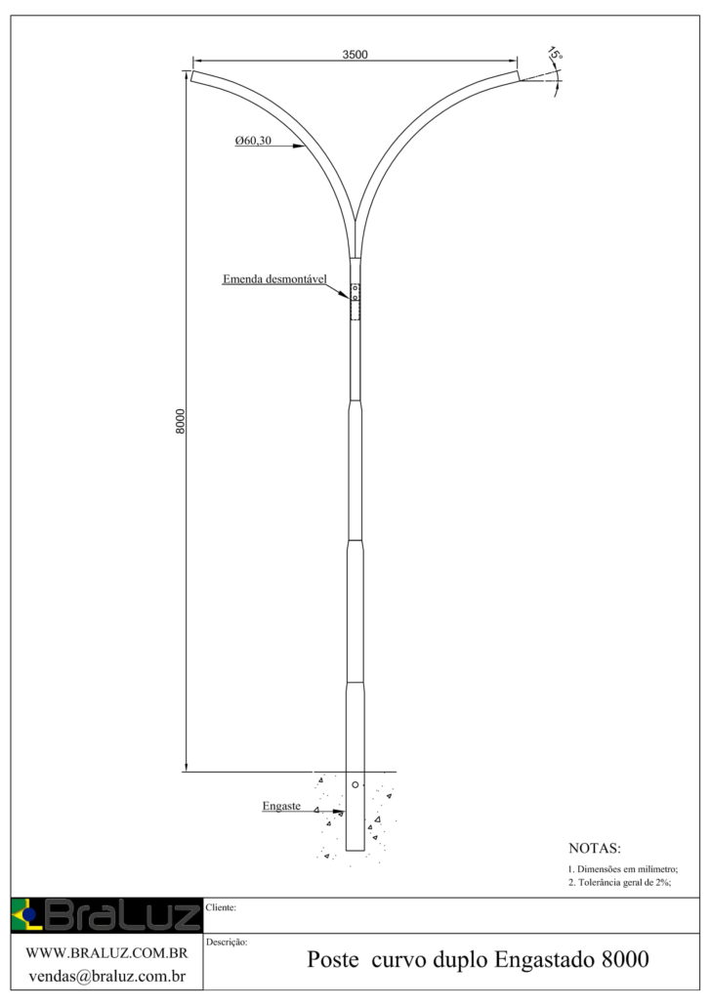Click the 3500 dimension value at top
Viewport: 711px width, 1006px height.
click(355, 55)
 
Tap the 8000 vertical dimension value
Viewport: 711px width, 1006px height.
click(181, 421)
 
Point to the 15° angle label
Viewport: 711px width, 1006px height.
click(556, 54)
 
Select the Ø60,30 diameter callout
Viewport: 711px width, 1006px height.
click(253, 141)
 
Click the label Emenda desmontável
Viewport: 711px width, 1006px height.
click(274, 279)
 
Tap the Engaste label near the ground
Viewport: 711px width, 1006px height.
click(281, 807)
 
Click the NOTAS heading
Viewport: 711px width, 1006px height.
click(594, 848)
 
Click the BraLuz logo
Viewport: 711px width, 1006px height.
click(106, 915)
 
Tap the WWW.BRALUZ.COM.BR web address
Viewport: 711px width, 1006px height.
click(106, 953)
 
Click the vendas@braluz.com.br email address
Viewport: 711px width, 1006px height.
click(107, 977)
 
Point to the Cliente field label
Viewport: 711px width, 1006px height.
click(221, 907)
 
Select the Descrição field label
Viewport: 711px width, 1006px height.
click(227, 942)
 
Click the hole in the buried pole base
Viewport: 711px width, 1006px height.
click(355, 784)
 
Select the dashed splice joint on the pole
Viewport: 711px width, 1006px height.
click(355, 302)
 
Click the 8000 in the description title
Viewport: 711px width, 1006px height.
click(625, 960)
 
